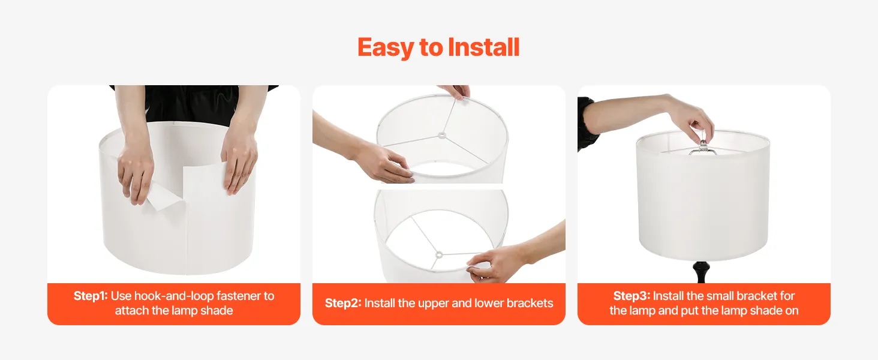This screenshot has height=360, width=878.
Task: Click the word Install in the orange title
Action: click(483, 47)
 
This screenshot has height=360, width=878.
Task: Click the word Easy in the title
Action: click(386, 48)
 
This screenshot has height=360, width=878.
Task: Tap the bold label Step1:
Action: click(91, 296)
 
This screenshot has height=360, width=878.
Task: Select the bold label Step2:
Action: click(343, 303)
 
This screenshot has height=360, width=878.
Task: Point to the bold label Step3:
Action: click(632, 296)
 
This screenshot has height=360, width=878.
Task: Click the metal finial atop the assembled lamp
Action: click(703, 146)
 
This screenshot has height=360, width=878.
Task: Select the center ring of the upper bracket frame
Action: click(442, 136)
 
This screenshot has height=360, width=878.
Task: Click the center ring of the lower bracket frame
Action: click(439, 254)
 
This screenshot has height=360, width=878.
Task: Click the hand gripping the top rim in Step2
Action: click(456, 91)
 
